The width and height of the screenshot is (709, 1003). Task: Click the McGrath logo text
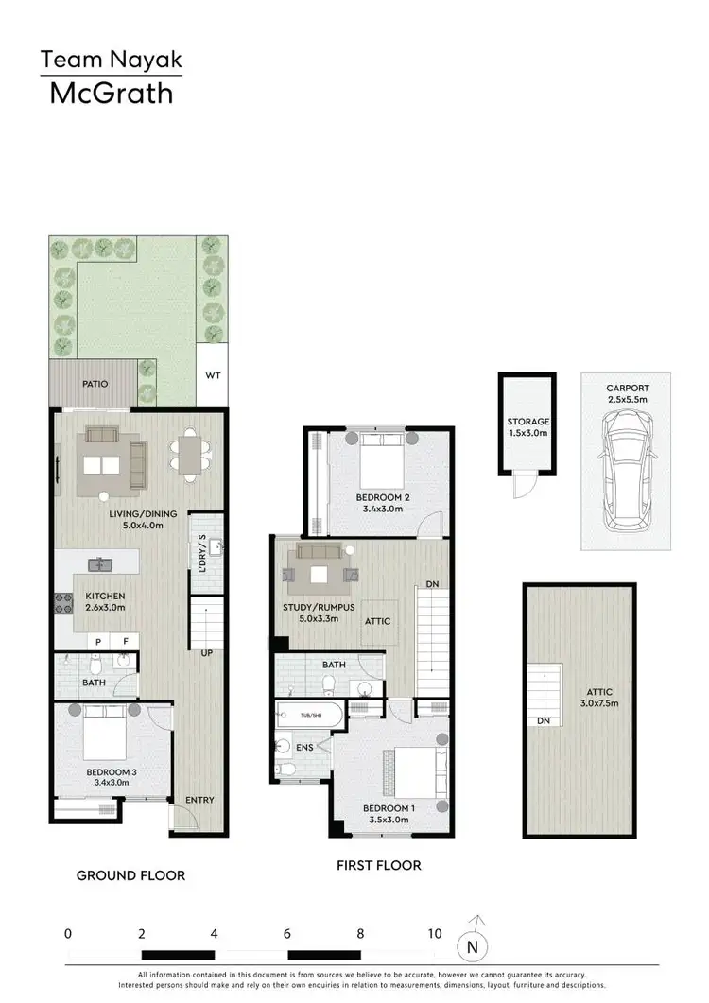coord(111,94)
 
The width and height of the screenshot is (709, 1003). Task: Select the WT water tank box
coord(213,374)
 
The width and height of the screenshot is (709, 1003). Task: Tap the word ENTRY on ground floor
coord(199,800)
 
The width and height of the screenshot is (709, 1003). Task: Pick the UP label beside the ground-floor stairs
coord(205,652)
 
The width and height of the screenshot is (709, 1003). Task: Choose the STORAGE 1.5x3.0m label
coord(527,427)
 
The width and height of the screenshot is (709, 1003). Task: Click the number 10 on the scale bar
coord(434,933)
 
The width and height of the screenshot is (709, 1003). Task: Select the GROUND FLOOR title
coord(130,875)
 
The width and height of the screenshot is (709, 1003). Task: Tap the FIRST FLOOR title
coord(378,865)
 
